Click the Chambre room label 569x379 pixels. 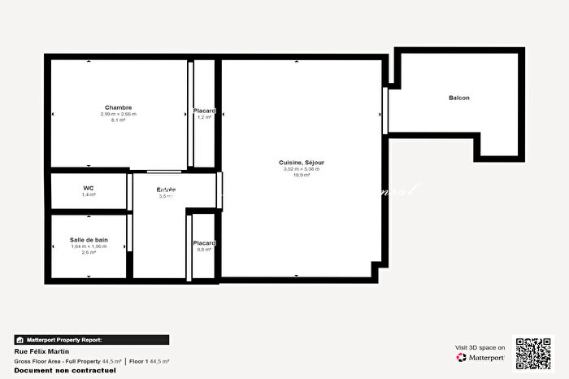[119, 107]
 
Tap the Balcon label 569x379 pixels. [459, 98]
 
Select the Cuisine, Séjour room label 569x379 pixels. [302, 163]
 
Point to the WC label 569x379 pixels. [89, 188]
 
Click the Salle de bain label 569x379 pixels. [89, 240]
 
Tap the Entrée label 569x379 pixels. [167, 190]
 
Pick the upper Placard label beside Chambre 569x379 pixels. [204, 111]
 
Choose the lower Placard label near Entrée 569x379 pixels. [204, 243]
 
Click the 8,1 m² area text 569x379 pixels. [119, 120]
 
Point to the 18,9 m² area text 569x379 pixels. [302, 175]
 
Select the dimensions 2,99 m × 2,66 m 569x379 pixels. [119, 114]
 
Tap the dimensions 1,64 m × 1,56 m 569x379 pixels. [89, 246]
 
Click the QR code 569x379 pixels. [533, 353]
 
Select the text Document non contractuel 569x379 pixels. [65, 370]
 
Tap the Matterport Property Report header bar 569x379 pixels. [92, 340]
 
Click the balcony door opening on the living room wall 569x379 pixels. [385, 111]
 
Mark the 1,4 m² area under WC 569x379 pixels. [89, 195]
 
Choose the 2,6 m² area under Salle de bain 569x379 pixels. [89, 253]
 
